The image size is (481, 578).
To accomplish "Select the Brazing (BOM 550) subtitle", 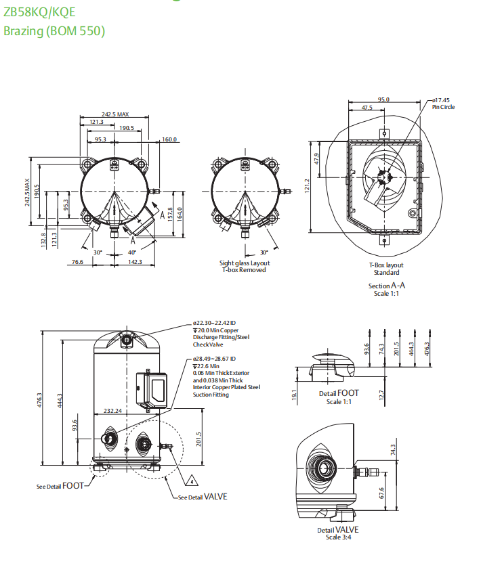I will pyautogui.click(x=54, y=30).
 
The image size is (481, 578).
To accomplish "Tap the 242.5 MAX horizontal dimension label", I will pyautogui.click(x=115, y=114).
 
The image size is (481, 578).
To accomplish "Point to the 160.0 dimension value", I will pyautogui.click(x=169, y=139).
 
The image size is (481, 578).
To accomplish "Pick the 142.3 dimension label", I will pyautogui.click(x=135, y=262).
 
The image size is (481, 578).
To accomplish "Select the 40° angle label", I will pyautogui.click(x=131, y=252).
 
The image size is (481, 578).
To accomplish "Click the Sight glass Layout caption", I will pyautogui.click(x=244, y=263).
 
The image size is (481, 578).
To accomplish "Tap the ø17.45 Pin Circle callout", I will pyautogui.click(x=443, y=103).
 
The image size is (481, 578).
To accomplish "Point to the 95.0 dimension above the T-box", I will pyautogui.click(x=383, y=99).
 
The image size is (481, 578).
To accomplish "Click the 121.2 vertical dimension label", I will pyautogui.click(x=307, y=185).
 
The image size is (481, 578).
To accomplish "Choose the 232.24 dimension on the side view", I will pyautogui.click(x=112, y=410).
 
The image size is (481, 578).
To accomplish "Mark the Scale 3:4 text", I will pyautogui.click(x=337, y=537).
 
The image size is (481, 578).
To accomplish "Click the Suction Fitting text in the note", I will pyautogui.click(x=211, y=395).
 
